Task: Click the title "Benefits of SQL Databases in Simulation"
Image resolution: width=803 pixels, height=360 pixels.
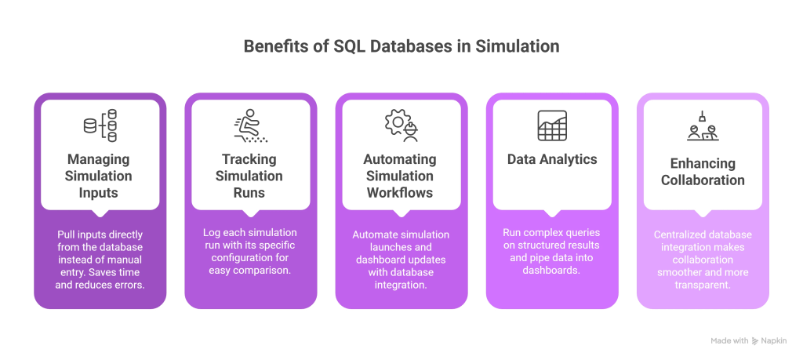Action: tap(401, 46)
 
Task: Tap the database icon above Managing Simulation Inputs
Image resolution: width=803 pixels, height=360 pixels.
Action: tap(100, 126)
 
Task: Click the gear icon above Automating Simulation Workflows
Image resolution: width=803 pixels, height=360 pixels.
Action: tap(401, 126)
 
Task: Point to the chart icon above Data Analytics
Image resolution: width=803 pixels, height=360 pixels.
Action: tap(551, 125)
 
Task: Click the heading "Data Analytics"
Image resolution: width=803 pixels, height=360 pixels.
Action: tap(551, 159)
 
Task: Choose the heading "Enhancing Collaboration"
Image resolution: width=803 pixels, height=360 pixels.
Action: tap(702, 171)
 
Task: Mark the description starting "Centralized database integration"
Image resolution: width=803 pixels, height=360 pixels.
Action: tap(702, 260)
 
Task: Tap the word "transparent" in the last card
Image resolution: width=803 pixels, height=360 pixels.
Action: tap(702, 285)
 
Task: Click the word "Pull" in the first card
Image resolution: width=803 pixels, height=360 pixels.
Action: tap(67, 235)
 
